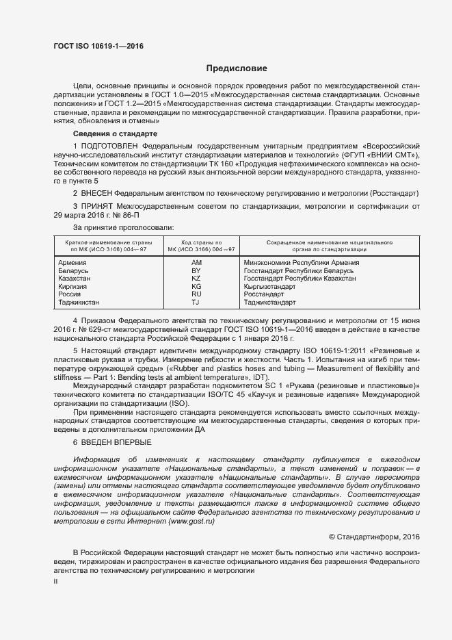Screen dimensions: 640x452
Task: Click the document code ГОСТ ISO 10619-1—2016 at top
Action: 98,47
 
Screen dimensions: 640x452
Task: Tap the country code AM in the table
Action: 196,263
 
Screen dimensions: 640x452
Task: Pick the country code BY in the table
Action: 196,271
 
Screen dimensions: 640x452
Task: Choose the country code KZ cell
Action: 196,279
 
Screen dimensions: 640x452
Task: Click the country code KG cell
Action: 196,287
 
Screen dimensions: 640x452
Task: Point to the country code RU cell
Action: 196,294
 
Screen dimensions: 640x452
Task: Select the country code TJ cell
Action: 196,303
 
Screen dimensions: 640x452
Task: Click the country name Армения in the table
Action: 72,263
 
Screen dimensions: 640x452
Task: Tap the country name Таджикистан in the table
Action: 79,303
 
